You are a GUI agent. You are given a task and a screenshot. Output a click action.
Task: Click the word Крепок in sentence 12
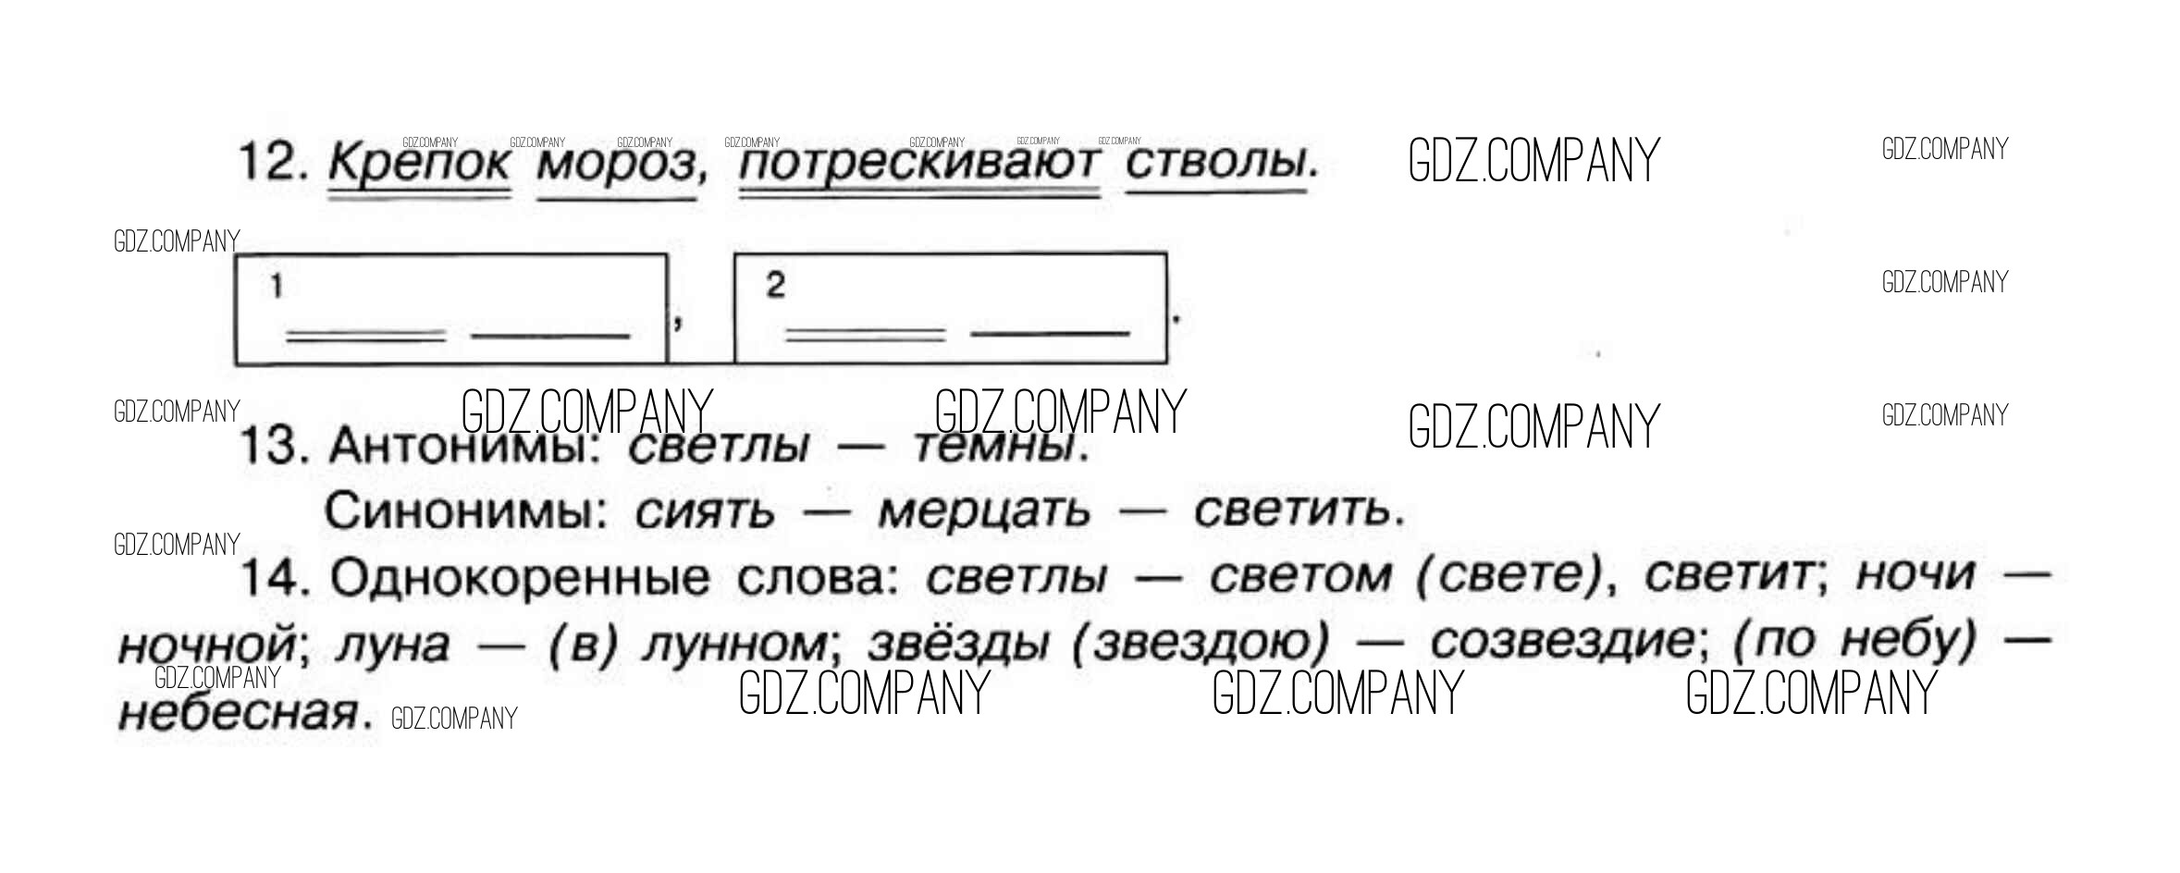tap(419, 165)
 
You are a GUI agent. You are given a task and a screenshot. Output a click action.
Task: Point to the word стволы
tap(1216, 165)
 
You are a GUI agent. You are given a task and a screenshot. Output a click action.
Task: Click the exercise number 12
tap(272, 163)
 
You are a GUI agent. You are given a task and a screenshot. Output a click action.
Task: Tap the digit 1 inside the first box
tap(277, 288)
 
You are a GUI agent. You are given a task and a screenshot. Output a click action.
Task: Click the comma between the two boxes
tap(679, 322)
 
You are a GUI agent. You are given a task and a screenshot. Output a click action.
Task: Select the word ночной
tap(207, 645)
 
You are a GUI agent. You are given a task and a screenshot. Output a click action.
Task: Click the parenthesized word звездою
tap(1197, 645)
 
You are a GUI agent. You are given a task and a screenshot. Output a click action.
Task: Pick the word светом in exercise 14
tap(1300, 578)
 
